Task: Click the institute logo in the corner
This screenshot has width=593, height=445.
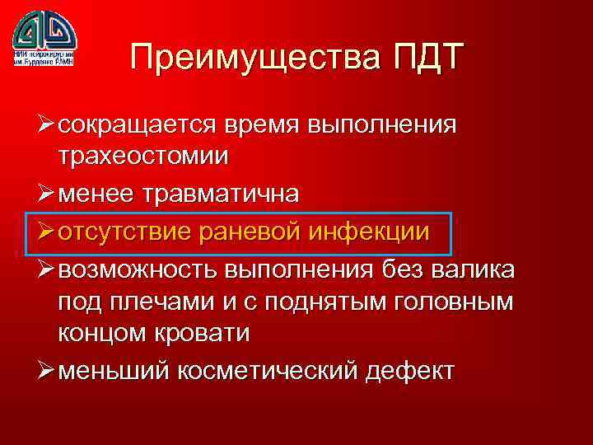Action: (x=44, y=38)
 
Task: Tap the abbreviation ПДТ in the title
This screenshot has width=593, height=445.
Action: (x=421, y=60)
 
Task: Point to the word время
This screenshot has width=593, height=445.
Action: (x=264, y=125)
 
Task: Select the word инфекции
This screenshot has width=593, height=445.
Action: (x=369, y=232)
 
